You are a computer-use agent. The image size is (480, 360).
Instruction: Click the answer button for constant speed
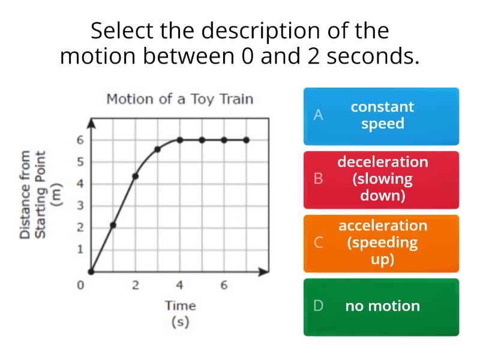381,116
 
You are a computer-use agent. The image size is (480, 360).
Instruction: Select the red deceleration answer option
381,180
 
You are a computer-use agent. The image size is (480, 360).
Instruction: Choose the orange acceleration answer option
381,244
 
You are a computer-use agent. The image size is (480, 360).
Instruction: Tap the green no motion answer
381,307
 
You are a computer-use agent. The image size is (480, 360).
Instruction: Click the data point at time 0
91,272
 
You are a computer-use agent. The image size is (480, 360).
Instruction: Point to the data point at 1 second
113,226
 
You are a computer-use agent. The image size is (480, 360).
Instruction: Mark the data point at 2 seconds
136,176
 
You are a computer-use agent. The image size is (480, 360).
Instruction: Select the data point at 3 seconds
157,149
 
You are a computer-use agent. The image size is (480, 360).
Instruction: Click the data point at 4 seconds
179,140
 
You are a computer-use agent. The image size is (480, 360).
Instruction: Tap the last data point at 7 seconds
247,140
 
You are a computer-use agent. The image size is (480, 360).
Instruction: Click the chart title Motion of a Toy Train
180,100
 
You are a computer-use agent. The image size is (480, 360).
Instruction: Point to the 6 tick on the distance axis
80,140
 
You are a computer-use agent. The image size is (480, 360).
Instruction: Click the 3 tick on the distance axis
80,206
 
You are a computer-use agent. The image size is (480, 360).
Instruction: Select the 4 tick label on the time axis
179,286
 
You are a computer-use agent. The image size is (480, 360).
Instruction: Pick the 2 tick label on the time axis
136,286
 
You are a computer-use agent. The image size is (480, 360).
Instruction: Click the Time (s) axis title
181,314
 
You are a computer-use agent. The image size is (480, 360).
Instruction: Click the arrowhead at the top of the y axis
91,124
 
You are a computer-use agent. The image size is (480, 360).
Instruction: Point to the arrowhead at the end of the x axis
263,272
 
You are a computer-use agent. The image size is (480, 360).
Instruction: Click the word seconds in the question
373,56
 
